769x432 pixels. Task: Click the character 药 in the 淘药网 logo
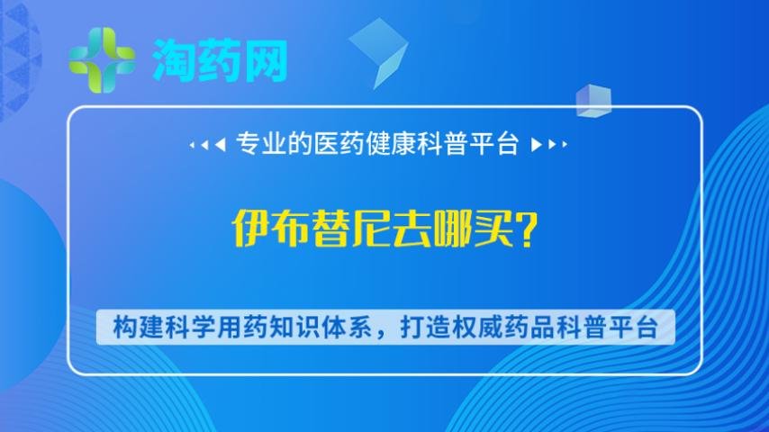coord(220,60)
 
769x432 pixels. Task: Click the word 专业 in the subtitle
coord(258,144)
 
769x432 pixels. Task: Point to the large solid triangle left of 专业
coord(222,145)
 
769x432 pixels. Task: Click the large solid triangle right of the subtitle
coord(537,145)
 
